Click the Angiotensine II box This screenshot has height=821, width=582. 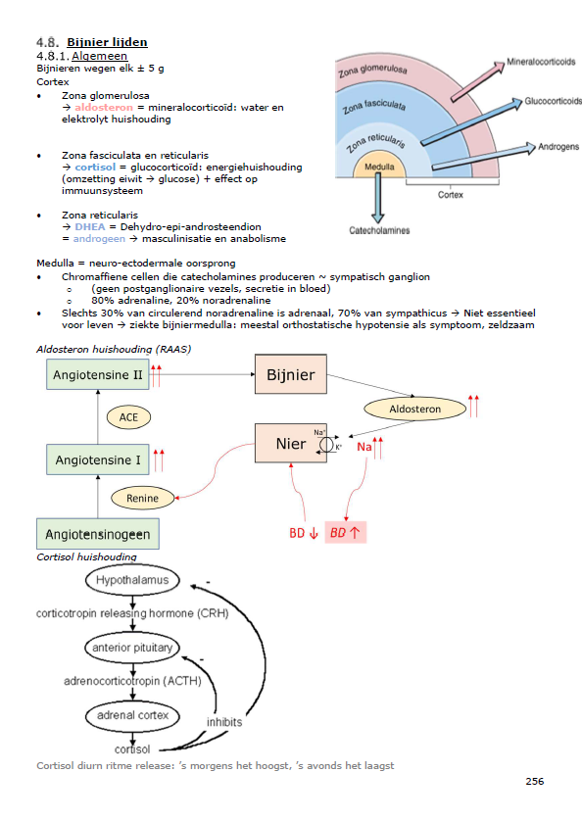click(97, 374)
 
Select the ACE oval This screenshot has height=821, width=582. click(129, 417)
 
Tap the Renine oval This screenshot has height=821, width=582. click(142, 498)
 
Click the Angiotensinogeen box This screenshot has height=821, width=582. click(98, 534)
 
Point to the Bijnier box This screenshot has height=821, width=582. click(291, 374)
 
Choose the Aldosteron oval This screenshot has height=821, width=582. click(414, 409)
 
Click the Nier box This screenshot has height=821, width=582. click(291, 444)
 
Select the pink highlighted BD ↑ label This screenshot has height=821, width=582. click(345, 533)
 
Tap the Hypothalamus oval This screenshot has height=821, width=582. click(132, 580)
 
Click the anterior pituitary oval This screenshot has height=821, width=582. click(132, 648)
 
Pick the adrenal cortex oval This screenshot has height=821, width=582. click(132, 715)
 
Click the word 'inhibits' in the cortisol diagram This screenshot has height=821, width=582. click(224, 722)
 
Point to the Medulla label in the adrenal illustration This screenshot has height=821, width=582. click(379, 167)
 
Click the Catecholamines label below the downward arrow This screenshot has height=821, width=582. click(379, 230)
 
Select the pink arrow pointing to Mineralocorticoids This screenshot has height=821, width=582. click(477, 81)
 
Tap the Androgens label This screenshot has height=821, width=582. click(558, 147)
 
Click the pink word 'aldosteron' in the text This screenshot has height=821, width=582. click(104, 108)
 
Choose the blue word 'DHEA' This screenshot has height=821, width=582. click(90, 226)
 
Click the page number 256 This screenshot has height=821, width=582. click(535, 781)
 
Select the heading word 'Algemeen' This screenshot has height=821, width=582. click(100, 56)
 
